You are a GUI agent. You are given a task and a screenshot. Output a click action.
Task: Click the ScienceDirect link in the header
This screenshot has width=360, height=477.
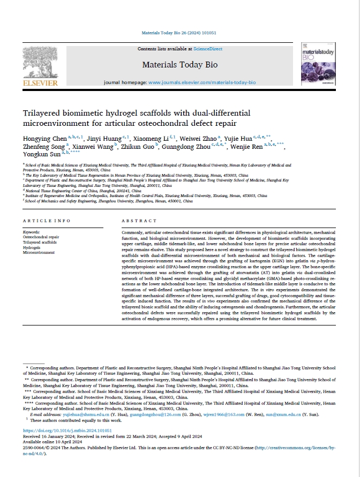[208, 49]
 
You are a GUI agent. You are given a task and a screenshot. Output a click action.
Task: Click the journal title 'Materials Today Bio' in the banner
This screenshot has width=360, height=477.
[179, 65]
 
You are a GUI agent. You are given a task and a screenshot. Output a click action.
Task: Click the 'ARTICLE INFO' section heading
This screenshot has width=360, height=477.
[47, 221]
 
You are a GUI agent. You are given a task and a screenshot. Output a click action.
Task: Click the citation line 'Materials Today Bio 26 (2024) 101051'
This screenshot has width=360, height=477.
[179, 32]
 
